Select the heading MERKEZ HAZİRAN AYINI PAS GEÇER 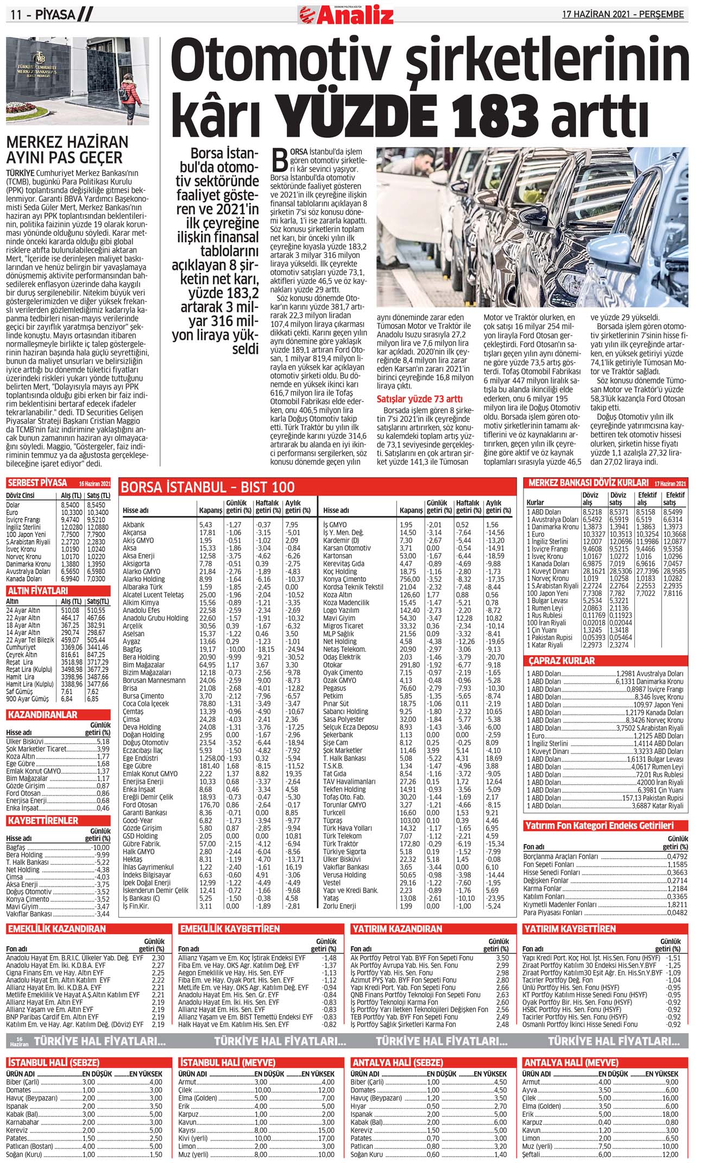(x=67, y=150)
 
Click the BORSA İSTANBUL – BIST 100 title (x=208, y=487)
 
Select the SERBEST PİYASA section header (x=37, y=483)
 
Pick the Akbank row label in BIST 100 (x=134, y=525)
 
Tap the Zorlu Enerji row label (x=339, y=906)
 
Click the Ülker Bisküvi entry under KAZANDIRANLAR (x=25, y=741)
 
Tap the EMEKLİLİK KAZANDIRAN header (x=56, y=929)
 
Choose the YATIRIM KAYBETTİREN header (x=570, y=929)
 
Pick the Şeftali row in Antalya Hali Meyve (x=532, y=1155)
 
